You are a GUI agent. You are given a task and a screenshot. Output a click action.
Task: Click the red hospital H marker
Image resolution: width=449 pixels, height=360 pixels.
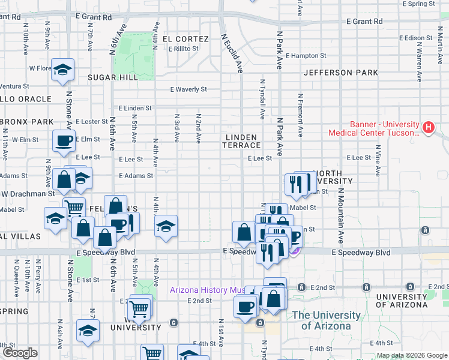pyautogui.click(x=428, y=128)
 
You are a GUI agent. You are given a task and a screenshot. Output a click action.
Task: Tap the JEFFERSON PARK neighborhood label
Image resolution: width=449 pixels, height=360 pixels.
pyautogui.click(x=340, y=73)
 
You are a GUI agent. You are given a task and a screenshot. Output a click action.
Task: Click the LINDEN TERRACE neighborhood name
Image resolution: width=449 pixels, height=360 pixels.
pyautogui.click(x=243, y=142)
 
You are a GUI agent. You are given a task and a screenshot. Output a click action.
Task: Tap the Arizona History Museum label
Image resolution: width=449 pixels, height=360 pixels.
pyautogui.click(x=208, y=290)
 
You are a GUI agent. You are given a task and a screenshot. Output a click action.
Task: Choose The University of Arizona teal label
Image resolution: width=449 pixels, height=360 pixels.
pyautogui.click(x=326, y=320)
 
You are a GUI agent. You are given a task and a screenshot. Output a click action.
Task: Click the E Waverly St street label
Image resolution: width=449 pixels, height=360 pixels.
pyautogui.click(x=188, y=89)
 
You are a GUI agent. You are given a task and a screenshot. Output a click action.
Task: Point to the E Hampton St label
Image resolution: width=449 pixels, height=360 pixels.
pyautogui.click(x=306, y=56)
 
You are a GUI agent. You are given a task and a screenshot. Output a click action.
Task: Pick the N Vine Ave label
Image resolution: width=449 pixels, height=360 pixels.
pyautogui.click(x=378, y=161)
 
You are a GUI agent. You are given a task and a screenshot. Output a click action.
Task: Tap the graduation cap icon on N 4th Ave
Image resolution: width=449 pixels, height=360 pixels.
pyautogui.click(x=166, y=226)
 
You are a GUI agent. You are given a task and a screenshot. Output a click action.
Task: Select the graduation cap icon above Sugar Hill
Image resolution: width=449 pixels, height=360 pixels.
pyautogui.click(x=62, y=70)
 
